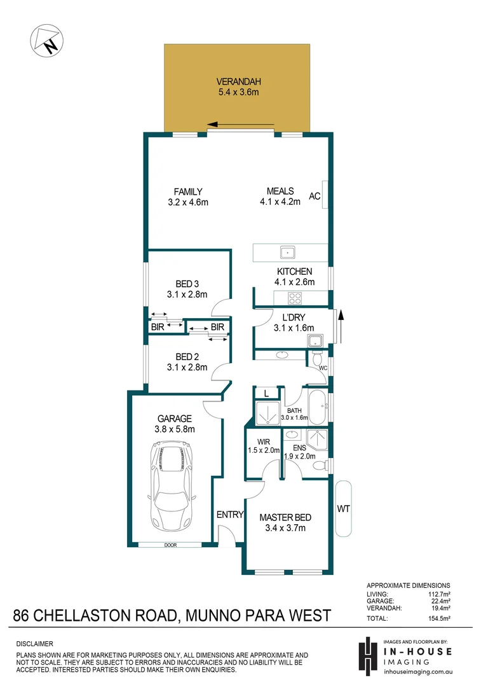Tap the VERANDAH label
coord(238,81)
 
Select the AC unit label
coord(314,197)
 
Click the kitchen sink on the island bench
coord(287,253)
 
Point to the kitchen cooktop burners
coord(295,297)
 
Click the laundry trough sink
coord(316,341)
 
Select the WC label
coord(323,368)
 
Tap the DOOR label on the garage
coord(170,545)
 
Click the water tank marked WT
coord(342,508)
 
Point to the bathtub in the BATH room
coord(316,407)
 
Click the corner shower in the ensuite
coord(316,440)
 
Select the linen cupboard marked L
coord(267,393)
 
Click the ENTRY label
coord(230,515)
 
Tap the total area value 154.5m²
coord(438,618)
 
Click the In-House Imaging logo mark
coord(366,656)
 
